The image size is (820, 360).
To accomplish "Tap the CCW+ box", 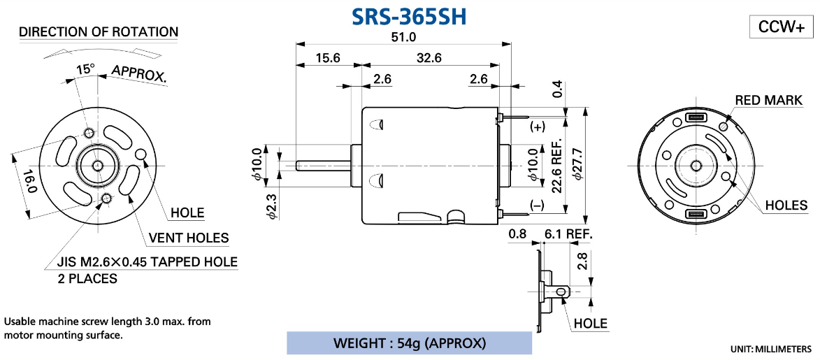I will (781, 27).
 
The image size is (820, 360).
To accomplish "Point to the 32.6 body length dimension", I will (429, 59).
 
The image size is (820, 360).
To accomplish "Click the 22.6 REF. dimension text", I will (557, 170).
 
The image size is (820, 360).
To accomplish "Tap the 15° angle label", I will (85, 69).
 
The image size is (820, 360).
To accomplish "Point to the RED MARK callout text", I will (768, 101).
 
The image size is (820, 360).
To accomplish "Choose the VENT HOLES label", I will (188, 238).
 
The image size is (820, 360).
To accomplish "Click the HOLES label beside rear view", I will (786, 206).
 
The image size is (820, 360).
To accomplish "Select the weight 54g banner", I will (409, 343).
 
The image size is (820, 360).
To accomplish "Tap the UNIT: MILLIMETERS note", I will (771, 348).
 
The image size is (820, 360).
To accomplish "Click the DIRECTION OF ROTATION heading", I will (99, 32).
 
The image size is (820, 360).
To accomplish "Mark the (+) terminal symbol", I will (537, 127).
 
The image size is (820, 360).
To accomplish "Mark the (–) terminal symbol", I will (537, 206).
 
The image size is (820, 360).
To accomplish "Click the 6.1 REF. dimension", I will (567, 233).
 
